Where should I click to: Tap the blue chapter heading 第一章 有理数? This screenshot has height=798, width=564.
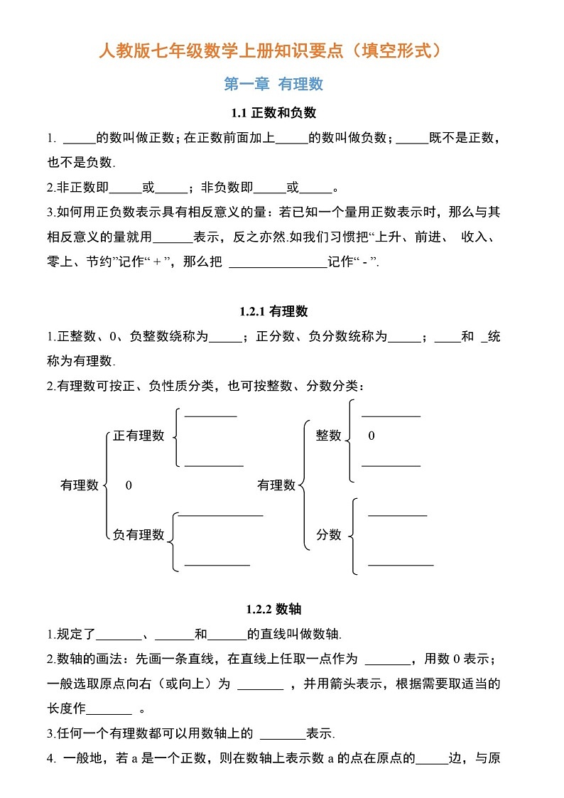pyautogui.click(x=273, y=84)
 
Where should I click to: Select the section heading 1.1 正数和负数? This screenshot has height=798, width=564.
pyautogui.click(x=273, y=112)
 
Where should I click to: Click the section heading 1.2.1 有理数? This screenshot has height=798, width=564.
pyautogui.click(x=273, y=311)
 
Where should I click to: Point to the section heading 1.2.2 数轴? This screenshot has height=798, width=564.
pyautogui.click(x=273, y=609)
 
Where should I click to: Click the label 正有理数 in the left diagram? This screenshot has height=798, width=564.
pyautogui.click(x=139, y=436)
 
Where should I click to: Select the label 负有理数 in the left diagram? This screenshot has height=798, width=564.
pyautogui.click(x=139, y=534)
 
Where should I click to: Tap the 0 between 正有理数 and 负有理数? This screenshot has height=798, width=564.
pyautogui.click(x=129, y=485)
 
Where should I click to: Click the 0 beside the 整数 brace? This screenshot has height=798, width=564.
pyautogui.click(x=372, y=436)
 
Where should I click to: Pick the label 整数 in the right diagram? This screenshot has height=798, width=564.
pyautogui.click(x=329, y=436)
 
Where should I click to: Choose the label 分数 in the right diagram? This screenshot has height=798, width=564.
pyautogui.click(x=329, y=534)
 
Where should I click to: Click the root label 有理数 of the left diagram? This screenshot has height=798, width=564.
pyautogui.click(x=80, y=485)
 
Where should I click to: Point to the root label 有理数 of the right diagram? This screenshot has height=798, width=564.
pyautogui.click(x=276, y=485)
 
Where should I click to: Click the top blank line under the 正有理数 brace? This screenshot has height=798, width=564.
pyautogui.click(x=210, y=416)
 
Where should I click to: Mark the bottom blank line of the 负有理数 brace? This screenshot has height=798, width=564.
pyautogui.click(x=217, y=565)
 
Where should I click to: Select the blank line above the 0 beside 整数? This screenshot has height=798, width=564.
pyautogui.click(x=391, y=416)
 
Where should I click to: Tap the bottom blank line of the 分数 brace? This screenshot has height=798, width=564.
pyautogui.click(x=401, y=565)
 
